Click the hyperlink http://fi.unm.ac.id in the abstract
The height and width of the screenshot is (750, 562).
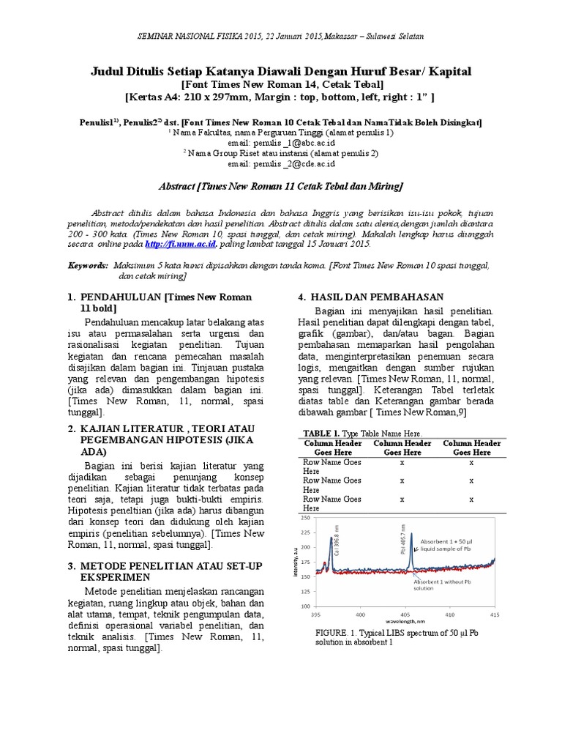(179, 245)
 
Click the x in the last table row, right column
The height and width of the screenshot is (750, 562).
(471, 499)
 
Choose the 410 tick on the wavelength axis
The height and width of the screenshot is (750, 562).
(449, 615)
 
